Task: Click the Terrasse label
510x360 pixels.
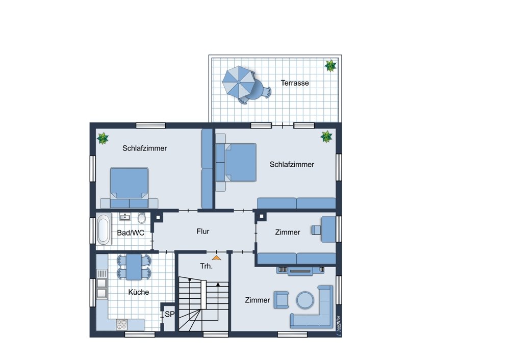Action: tap(295, 83)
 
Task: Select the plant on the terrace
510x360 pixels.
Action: tap(330, 66)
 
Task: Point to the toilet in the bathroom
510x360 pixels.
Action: tap(141, 218)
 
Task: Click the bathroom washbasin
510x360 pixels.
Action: tap(125, 217)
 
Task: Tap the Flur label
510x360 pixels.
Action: tap(202, 231)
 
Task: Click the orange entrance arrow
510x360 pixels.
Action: tap(216, 258)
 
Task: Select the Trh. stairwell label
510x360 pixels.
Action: tap(206, 266)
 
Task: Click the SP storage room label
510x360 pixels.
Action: tap(169, 314)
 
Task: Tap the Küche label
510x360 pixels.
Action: tap(139, 292)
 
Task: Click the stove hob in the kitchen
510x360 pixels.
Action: tap(122, 324)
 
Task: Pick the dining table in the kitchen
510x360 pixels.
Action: tap(134, 267)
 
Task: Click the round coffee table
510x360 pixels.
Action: tap(305, 300)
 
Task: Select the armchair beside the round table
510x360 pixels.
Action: tap(281, 299)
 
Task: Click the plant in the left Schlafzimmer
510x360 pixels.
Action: tap(103, 138)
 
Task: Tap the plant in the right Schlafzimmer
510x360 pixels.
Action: tap(326, 137)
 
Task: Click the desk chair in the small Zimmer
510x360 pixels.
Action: tap(316, 230)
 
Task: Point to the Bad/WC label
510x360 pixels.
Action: tap(131, 233)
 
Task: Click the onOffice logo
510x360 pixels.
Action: tap(338, 325)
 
